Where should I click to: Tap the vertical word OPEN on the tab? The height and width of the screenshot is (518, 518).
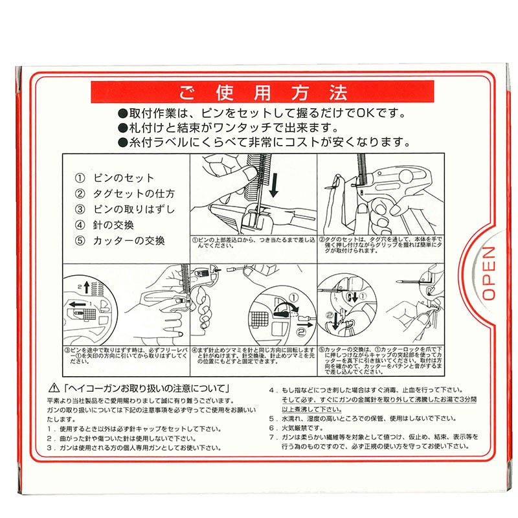[x=489, y=273]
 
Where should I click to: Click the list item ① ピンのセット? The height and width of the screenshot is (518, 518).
[x=115, y=178]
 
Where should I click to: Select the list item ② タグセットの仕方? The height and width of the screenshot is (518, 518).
[x=125, y=194]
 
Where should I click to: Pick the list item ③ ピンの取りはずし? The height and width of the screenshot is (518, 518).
[x=125, y=209]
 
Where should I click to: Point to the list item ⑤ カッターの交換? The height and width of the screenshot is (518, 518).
[x=120, y=241]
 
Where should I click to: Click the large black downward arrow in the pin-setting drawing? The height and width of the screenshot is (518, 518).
[x=275, y=184]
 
